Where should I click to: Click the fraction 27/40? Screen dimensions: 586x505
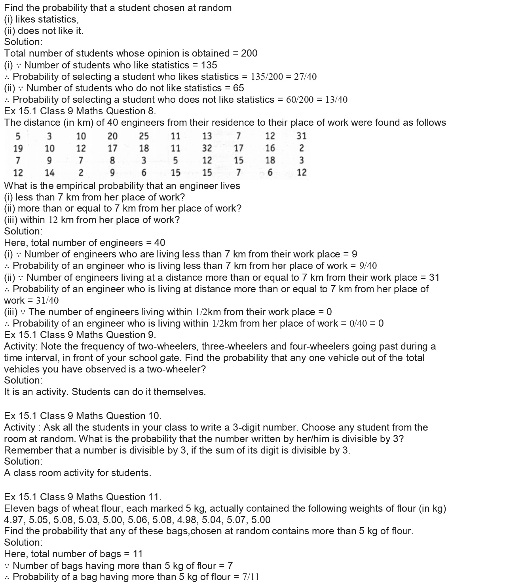pyautogui.click(x=305, y=77)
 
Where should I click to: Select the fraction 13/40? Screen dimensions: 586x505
pyautogui.click(x=336, y=100)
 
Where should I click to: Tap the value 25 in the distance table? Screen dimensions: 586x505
pyautogui.click(x=144, y=136)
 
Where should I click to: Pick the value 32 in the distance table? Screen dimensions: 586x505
pyautogui.click(x=207, y=148)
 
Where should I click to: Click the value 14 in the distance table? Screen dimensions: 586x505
pyautogui.click(x=49, y=172)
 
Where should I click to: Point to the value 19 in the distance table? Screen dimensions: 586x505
pyautogui.click(x=18, y=148)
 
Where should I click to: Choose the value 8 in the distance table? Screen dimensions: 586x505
pyautogui.click(x=112, y=161)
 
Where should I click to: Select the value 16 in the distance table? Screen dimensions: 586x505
pyautogui.click(x=270, y=148)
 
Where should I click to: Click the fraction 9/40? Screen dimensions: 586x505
pyautogui.click(x=368, y=266)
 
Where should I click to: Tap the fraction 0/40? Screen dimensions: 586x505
pyautogui.click(x=358, y=323)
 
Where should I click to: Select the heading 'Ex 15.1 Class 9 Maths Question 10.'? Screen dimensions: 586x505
pyautogui.click(x=83, y=416)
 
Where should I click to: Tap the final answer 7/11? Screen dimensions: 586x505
pyautogui.click(x=251, y=577)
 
